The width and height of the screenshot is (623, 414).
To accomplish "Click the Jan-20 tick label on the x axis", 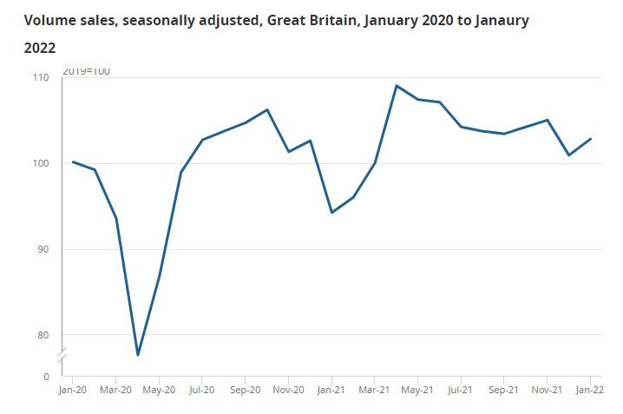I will [x=72, y=391].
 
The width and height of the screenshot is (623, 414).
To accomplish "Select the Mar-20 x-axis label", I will [x=115, y=391].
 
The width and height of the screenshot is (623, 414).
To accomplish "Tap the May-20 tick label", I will [x=159, y=391].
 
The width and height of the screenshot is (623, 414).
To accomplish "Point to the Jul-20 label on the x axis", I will [x=202, y=391].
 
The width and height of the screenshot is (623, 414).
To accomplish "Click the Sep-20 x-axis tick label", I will [x=245, y=391].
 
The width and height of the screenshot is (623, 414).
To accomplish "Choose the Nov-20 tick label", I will [x=288, y=391].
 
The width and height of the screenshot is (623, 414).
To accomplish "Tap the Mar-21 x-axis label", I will [x=374, y=391].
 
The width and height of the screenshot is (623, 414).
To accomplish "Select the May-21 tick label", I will [x=417, y=391].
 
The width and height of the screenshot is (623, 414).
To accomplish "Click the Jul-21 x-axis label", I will [x=461, y=391].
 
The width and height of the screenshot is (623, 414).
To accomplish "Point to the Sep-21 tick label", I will [x=503, y=391].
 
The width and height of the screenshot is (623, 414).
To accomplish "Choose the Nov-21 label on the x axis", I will [x=547, y=391].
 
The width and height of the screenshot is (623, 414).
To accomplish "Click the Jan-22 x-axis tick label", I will [x=590, y=391].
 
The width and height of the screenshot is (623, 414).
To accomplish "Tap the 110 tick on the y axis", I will [x=41, y=77].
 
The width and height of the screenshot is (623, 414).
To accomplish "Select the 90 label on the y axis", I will [x=43, y=249].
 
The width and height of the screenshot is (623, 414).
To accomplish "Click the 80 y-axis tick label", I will [x=43, y=335].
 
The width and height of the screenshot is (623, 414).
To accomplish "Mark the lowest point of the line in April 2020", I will [x=138, y=355].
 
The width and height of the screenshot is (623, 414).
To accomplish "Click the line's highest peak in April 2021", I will [x=396, y=86].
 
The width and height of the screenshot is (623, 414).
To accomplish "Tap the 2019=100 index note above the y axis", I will [x=87, y=71].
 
